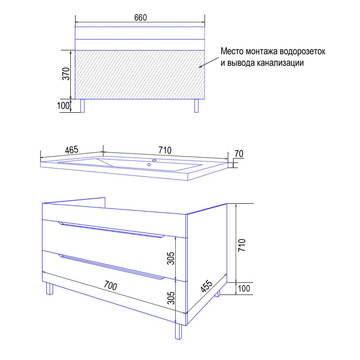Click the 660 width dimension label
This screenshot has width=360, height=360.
(140, 18)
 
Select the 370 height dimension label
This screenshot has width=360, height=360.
(66, 74)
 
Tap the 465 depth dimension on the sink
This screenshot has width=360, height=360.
(72, 150)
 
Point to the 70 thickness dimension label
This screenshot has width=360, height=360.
(239, 154)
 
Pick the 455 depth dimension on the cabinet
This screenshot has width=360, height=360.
(207, 286)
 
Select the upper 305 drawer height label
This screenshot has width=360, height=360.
(171, 258)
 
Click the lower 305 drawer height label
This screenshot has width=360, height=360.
(171, 298)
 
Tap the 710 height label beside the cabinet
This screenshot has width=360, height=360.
(242, 245)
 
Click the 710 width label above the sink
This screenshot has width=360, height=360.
(165, 150)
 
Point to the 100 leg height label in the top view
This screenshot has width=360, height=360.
(63, 106)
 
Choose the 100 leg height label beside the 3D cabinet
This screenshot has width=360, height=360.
(244, 288)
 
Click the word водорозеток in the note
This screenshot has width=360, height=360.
(302, 51)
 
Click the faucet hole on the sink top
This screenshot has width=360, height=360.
(154, 160)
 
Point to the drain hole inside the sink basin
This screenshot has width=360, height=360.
(149, 165)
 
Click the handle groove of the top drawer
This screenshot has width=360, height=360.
(112, 230)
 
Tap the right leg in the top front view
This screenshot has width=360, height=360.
(196, 106)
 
